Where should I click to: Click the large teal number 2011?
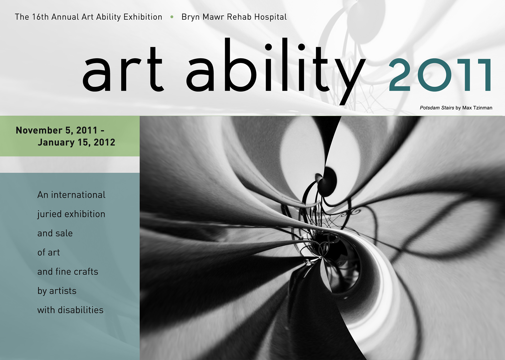click(440, 75)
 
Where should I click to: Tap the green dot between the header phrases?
click(172, 17)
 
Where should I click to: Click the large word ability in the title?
click(276, 71)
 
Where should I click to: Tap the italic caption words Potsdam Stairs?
click(437, 108)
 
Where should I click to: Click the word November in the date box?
click(39, 130)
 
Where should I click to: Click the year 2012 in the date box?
click(104, 142)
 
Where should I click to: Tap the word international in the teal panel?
click(78, 195)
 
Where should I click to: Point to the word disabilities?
click(80, 310)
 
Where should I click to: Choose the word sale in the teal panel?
click(64, 233)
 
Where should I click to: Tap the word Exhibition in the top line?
click(143, 17)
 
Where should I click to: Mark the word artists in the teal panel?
click(63, 291)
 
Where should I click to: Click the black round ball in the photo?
click(328, 181)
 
